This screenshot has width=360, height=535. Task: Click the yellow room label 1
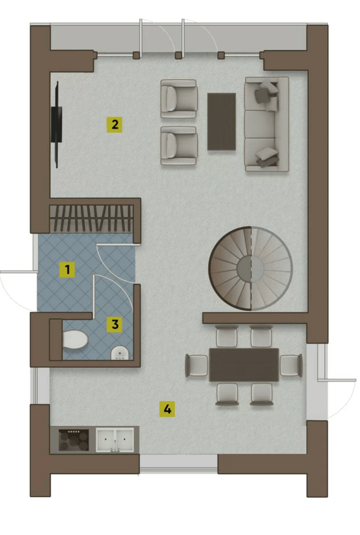tap(67, 270)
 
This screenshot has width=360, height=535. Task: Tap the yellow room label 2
tap(115, 125)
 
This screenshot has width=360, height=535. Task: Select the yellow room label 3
tap(115, 324)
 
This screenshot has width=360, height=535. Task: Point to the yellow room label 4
tap(167, 409)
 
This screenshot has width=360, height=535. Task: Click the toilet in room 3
tap(75, 339)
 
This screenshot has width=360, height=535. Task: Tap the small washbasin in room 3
tap(120, 352)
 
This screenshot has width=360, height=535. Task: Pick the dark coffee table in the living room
tap(222, 122)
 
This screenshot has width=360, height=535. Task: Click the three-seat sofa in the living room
tap(266, 124)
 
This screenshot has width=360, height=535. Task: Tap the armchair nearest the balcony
tap(179, 99)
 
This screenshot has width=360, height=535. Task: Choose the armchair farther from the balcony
tap(179, 146)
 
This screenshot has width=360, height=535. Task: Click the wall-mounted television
tap(57, 125)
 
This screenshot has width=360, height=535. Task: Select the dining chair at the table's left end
tap(196, 365)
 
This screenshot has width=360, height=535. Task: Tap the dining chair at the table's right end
tap(291, 365)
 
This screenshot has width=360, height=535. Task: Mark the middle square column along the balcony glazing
tap(178, 55)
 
